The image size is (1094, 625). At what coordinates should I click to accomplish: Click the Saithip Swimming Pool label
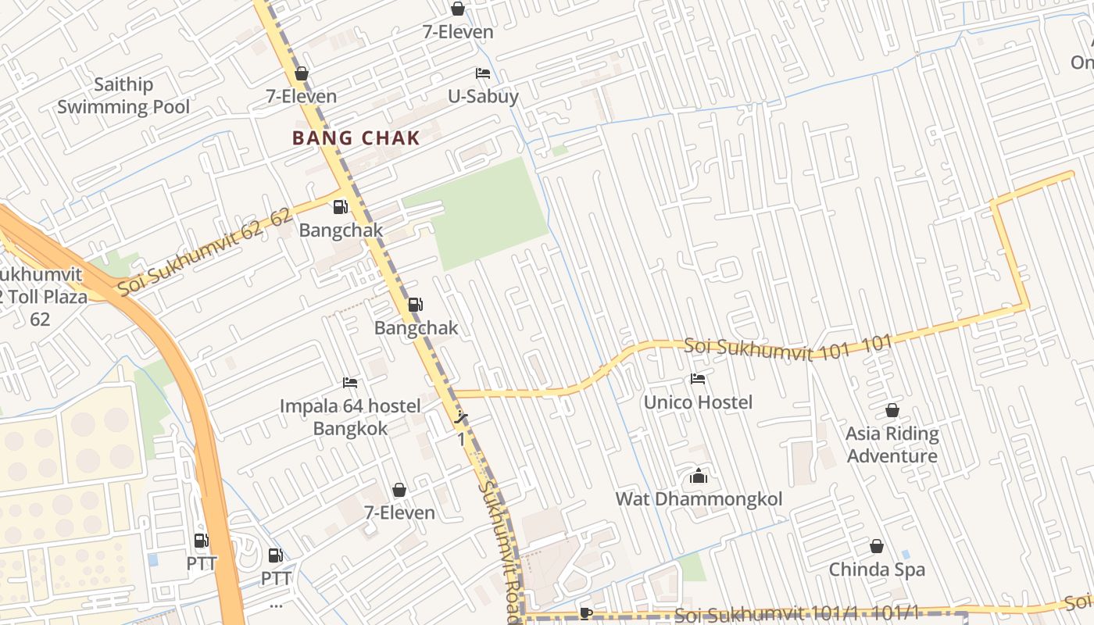(123, 95)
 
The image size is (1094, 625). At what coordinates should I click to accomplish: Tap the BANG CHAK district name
(356, 138)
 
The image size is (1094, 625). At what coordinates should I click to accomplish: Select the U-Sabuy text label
(483, 97)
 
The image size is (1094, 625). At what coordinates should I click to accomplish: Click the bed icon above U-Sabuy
(483, 73)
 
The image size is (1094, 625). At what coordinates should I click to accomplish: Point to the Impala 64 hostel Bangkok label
(350, 417)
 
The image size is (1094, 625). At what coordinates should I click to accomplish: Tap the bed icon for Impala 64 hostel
(350, 383)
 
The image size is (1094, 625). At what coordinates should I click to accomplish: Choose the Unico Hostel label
(698, 402)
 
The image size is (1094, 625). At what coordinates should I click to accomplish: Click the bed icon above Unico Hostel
(698, 379)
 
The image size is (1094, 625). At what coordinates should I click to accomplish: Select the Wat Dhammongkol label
(699, 498)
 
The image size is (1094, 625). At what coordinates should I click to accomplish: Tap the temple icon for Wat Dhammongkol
(699, 475)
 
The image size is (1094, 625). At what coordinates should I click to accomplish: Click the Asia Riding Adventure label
(892, 445)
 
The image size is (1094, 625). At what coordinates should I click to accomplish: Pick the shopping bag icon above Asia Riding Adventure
(892, 410)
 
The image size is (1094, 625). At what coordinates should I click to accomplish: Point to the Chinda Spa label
(877, 570)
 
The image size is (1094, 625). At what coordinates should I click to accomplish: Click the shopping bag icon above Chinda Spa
(877, 546)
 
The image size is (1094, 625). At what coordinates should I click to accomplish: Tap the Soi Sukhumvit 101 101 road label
(788, 348)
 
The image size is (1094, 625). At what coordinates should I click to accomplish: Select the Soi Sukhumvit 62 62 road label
(205, 252)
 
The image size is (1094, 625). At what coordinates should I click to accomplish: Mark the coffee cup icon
(586, 613)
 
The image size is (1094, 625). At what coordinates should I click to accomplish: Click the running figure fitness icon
(462, 418)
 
